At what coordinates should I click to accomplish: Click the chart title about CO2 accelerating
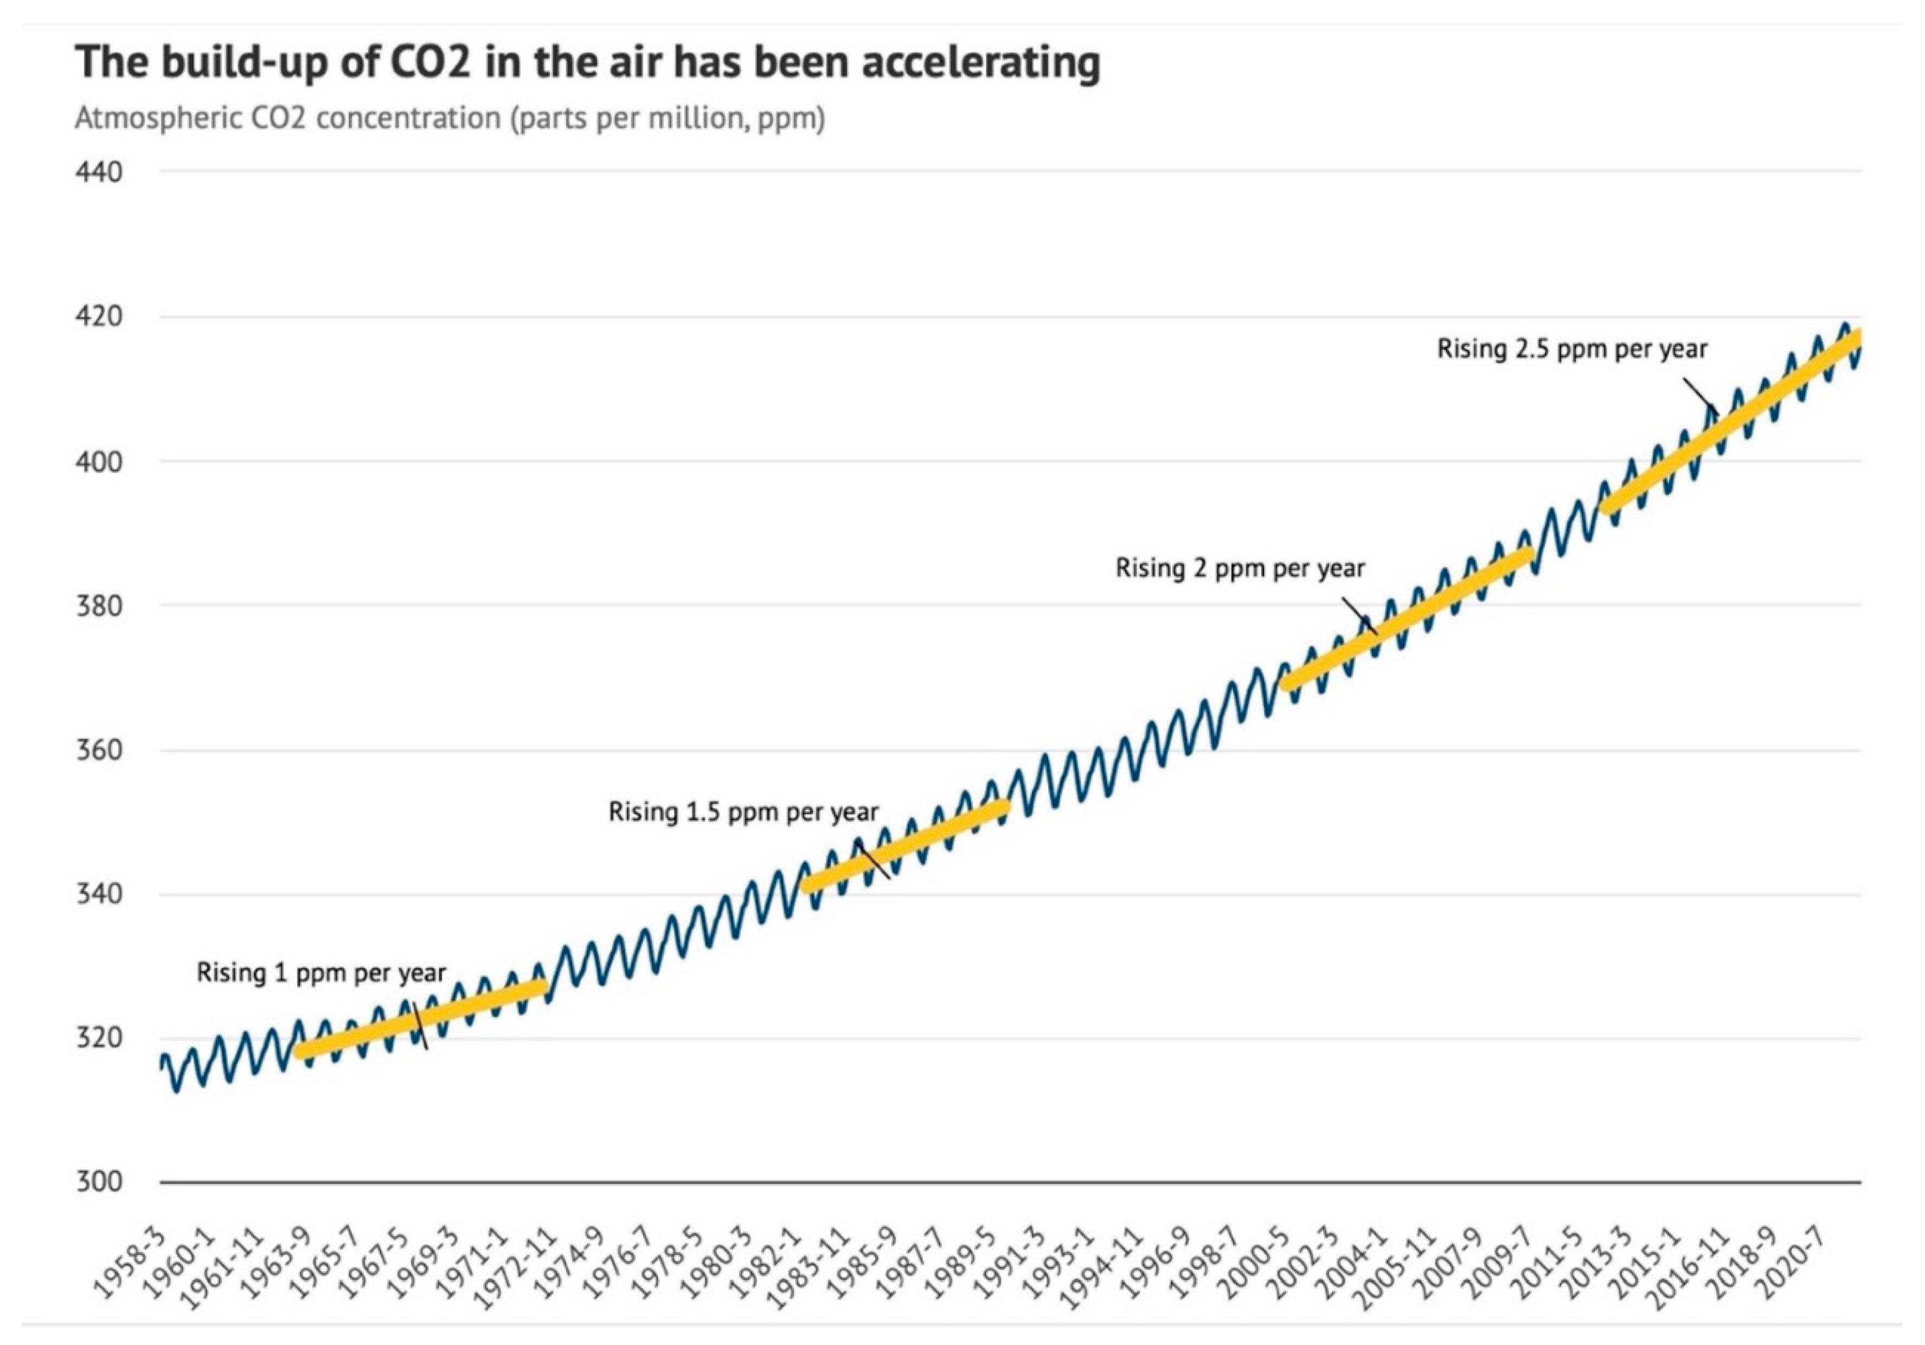click(587, 63)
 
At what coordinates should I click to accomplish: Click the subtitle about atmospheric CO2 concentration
click(450, 118)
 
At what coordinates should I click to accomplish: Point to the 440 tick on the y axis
click(99, 172)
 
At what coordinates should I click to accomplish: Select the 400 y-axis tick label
click(99, 462)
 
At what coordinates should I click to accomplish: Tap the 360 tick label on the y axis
click(99, 750)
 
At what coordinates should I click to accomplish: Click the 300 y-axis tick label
click(99, 1182)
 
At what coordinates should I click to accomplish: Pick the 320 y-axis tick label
click(99, 1038)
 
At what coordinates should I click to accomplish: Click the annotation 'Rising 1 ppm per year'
click(321, 973)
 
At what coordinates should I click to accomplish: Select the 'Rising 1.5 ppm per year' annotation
click(743, 812)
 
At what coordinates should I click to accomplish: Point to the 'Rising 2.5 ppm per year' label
click(1572, 349)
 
